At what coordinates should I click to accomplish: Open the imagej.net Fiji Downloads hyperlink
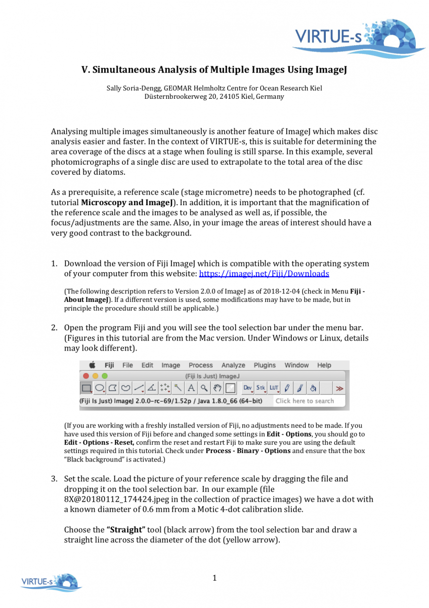pyautogui.click(x=264, y=274)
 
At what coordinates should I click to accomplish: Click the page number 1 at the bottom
pyautogui.click(x=214, y=578)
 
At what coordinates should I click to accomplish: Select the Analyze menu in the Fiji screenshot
pyautogui.click(x=233, y=365)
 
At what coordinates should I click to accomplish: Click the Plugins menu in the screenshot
pyautogui.click(x=265, y=365)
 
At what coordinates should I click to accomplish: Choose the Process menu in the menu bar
pyautogui.click(x=201, y=365)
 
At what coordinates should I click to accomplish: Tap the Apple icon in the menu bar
pyautogui.click(x=93, y=365)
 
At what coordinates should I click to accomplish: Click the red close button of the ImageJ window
pyautogui.click(x=86, y=376)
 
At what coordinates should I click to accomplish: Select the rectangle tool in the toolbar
pyautogui.click(x=87, y=388)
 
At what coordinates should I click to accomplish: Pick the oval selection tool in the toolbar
pyautogui.click(x=100, y=388)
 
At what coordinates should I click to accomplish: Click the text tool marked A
pyautogui.click(x=191, y=388)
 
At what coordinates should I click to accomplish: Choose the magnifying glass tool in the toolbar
pyautogui.click(x=204, y=388)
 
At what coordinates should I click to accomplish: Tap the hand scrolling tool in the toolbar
pyautogui.click(x=217, y=388)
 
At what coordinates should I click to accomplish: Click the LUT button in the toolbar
pyautogui.click(x=274, y=388)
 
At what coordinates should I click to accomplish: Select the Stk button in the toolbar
pyautogui.click(x=261, y=388)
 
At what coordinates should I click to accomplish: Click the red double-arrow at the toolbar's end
pyautogui.click(x=339, y=389)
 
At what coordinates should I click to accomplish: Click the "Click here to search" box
pyautogui.click(x=305, y=401)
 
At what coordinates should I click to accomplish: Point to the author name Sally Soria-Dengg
pyautogui.click(x=134, y=88)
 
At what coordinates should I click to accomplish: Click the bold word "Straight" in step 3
pyautogui.click(x=126, y=530)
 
